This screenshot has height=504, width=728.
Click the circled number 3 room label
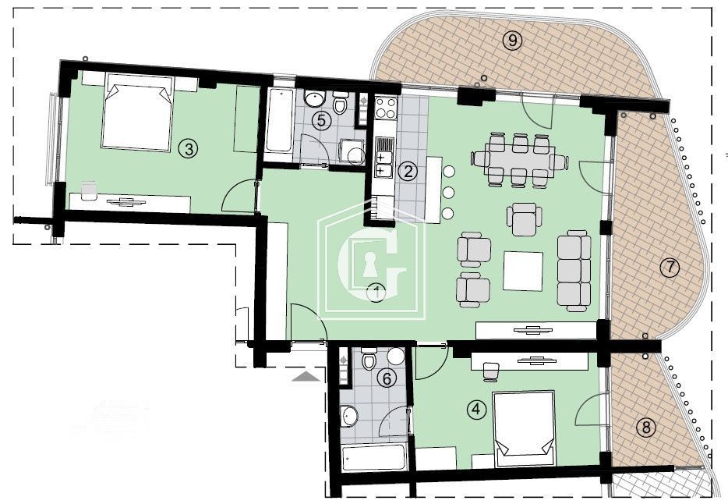[x=186, y=148]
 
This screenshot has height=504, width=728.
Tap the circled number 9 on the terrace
[x=511, y=41]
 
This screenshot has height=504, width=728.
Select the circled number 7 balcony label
[x=670, y=268]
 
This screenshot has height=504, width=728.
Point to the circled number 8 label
[x=644, y=428]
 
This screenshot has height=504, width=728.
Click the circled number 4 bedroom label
[x=476, y=408]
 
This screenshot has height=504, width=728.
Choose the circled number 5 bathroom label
[x=320, y=120]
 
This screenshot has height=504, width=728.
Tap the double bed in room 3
[x=137, y=113]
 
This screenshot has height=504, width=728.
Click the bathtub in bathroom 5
[x=278, y=122]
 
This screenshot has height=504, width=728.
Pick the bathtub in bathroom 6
[x=374, y=458]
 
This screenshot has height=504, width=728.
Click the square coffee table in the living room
[x=523, y=271]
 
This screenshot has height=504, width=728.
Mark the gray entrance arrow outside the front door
[x=306, y=376]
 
